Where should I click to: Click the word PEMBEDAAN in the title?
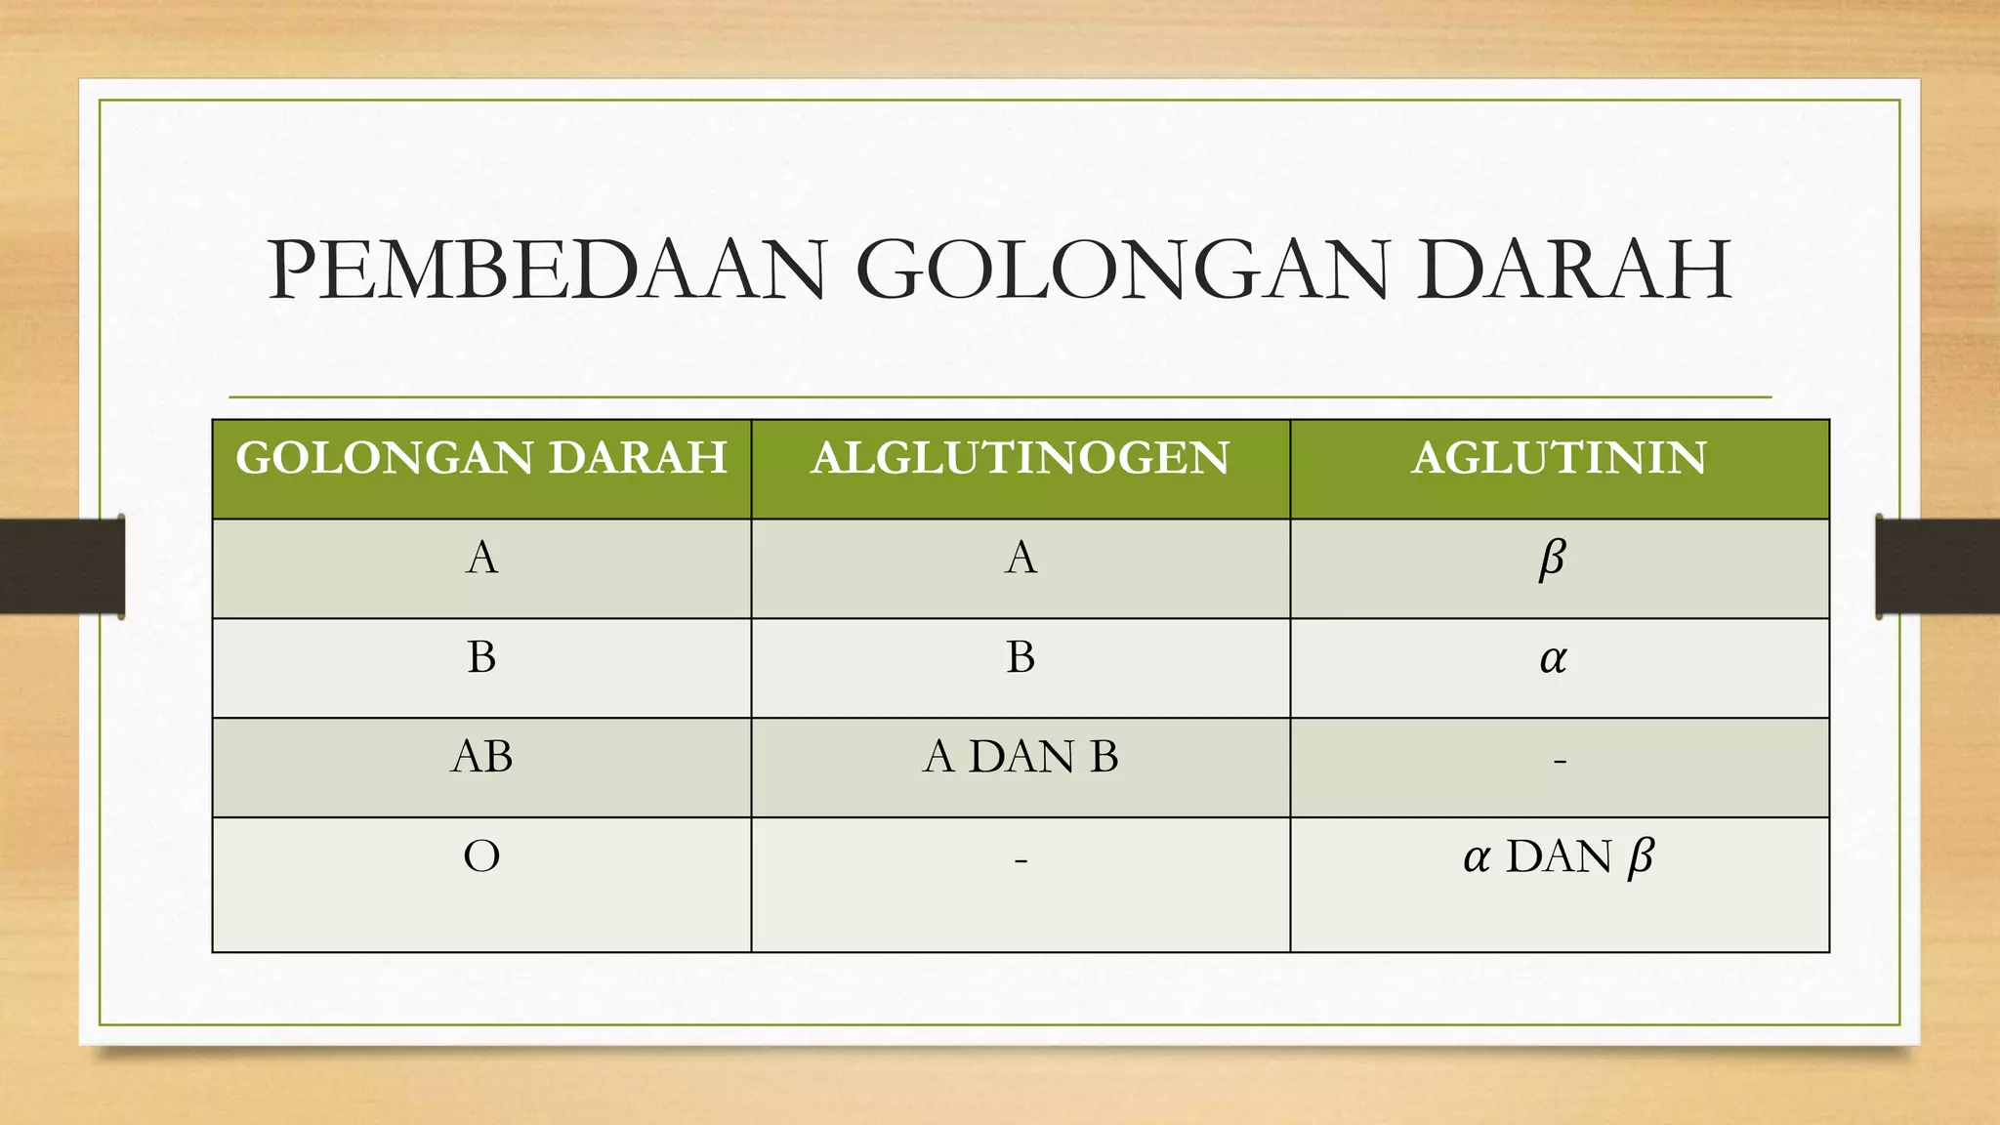pyautogui.click(x=548, y=271)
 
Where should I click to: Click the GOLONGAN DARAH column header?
pyautogui.click(x=481, y=458)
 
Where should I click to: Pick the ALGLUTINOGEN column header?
pyautogui.click(x=1020, y=458)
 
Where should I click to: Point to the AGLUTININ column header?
pyautogui.click(x=1559, y=458)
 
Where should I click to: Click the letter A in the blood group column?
pyautogui.click(x=482, y=559)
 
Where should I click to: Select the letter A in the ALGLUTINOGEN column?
pyautogui.click(x=1021, y=559)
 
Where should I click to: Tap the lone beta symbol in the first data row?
pyautogui.click(x=1552, y=560)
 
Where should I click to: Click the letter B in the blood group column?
pyautogui.click(x=481, y=657)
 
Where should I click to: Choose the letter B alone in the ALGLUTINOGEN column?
pyautogui.click(x=1021, y=657)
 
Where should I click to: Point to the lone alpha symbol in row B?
pyautogui.click(x=1553, y=659)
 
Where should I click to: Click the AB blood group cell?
pyautogui.click(x=481, y=757)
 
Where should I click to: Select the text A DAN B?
pyautogui.click(x=1021, y=757)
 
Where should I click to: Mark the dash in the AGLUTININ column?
pyautogui.click(x=1560, y=760)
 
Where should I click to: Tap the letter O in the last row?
pyautogui.click(x=481, y=856)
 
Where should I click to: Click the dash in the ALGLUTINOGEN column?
pyautogui.click(x=1021, y=860)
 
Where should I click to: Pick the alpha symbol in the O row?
pyautogui.click(x=1477, y=858)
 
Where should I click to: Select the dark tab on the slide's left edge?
pyautogui.click(x=62, y=566)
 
